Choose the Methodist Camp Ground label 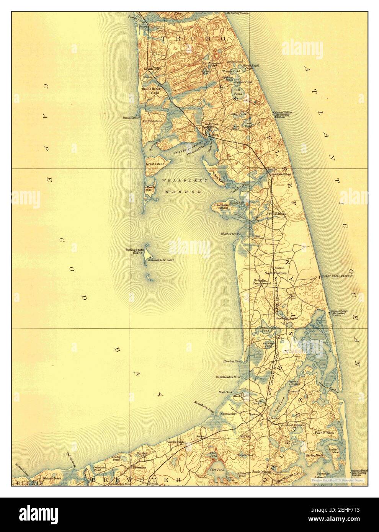pyautogui.click(x=262, y=282)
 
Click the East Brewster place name pyautogui.click(x=176, y=442)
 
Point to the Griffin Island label pyautogui.click(x=153, y=121)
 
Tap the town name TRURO pyautogui.click(x=193, y=39)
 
